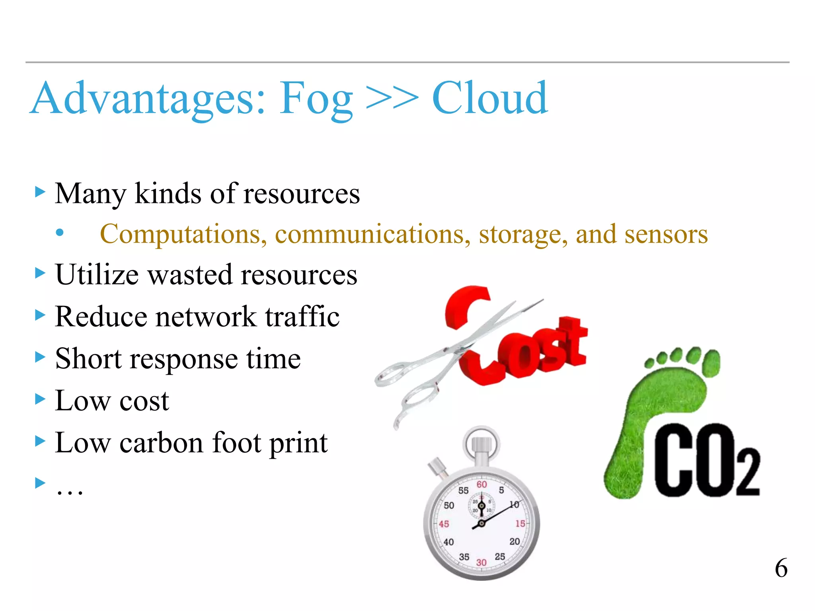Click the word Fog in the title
[316, 99]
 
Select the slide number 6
[781, 568]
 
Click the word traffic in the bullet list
[302, 317]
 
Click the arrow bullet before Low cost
[40, 399]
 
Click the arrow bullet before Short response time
[40, 357]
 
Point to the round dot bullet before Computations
[60, 233]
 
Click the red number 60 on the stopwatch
[482, 485]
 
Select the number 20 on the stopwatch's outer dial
[515, 541]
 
